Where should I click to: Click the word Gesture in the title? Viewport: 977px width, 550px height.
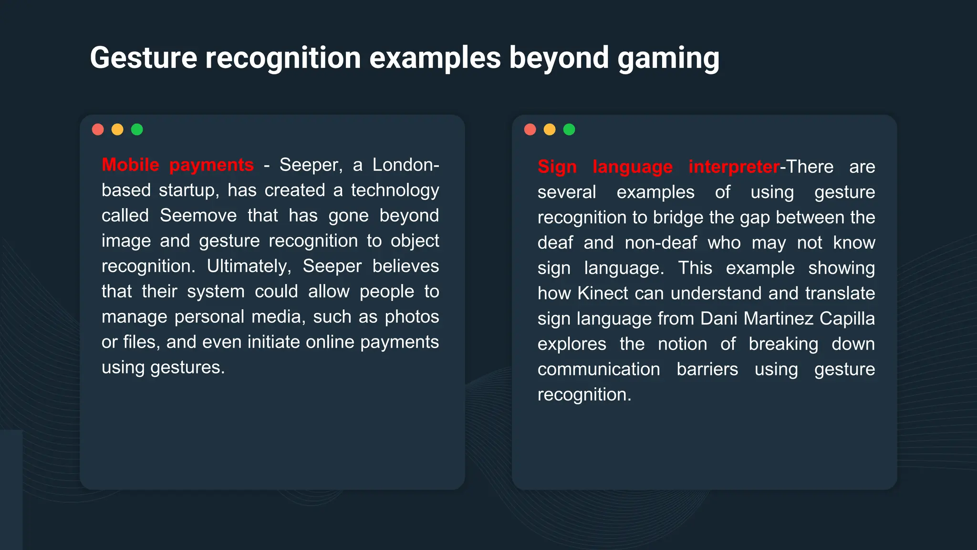pos(143,58)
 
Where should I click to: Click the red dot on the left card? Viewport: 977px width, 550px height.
pos(98,129)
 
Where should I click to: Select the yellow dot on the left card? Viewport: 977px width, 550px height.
pos(117,129)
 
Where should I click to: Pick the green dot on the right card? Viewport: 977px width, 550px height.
pos(569,129)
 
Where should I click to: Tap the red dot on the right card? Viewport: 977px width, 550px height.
pos(530,129)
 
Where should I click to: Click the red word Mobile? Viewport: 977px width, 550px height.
pos(130,165)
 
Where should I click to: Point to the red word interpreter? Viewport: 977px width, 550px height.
pos(734,167)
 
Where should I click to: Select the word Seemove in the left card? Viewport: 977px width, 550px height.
pos(198,215)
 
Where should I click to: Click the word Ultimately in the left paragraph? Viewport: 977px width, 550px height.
pos(248,266)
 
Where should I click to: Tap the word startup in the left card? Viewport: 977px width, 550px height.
pos(188,190)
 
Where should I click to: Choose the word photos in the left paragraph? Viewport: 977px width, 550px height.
pos(412,317)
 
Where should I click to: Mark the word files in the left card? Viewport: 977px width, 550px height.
pos(141,342)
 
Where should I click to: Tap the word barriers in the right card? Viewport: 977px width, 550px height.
pos(707,369)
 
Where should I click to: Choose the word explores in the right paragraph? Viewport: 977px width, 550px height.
pos(572,344)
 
